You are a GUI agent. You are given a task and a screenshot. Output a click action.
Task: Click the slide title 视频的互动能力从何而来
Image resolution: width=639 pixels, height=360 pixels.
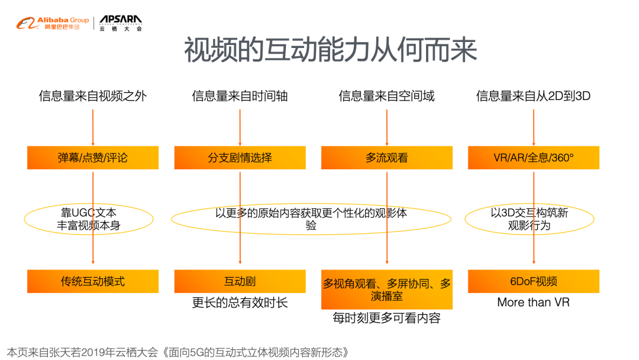[x=330, y=51]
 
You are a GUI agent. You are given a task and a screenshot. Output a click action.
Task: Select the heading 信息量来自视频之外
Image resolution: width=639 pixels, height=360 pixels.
[x=93, y=96]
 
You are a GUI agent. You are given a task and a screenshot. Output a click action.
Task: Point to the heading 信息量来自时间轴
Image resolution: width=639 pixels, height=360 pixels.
[x=240, y=96]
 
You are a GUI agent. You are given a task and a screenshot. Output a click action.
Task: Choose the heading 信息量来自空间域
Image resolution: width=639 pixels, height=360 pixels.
[x=386, y=96]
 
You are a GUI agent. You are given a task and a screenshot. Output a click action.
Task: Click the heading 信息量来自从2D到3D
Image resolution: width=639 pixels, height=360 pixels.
[x=533, y=96]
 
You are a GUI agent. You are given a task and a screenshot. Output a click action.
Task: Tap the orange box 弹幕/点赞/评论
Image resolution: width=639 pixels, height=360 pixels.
[x=93, y=157]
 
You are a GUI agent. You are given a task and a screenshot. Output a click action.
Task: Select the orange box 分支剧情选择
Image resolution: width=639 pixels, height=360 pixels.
[x=240, y=157]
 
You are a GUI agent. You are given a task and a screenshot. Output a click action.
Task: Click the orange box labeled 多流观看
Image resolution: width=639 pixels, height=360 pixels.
[x=386, y=157]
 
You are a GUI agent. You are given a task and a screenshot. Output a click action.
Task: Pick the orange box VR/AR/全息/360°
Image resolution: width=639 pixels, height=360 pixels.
[x=533, y=157]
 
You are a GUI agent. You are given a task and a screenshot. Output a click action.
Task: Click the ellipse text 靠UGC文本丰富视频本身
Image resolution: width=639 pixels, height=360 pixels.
[x=89, y=219]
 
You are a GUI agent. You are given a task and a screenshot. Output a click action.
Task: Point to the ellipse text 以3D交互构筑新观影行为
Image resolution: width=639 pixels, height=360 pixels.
[x=529, y=219]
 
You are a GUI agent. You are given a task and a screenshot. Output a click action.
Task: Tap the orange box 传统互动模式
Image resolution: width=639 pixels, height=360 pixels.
[x=93, y=281]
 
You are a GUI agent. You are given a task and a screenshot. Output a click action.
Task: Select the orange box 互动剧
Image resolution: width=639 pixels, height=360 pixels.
[x=240, y=281]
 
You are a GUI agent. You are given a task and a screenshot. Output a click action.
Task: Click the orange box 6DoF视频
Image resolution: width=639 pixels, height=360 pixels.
[x=533, y=281]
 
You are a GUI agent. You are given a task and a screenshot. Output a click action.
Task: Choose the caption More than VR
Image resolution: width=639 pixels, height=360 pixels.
[x=533, y=303]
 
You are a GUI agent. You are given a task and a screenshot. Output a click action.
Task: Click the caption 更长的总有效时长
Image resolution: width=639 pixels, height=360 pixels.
[x=240, y=303]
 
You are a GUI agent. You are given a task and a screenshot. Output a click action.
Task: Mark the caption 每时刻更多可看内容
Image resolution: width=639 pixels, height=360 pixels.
[x=386, y=319]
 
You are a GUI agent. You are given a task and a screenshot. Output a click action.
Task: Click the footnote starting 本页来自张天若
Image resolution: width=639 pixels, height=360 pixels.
[x=177, y=352]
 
